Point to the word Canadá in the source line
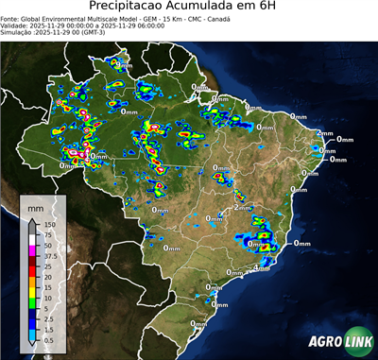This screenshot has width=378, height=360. pos(245,17)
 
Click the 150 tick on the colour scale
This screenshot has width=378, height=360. pos(49,224)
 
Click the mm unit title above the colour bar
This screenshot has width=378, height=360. pos(35,206)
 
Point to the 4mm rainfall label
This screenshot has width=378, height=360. pos(263,269)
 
